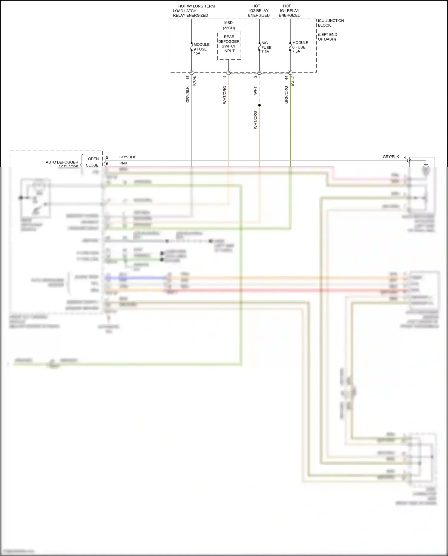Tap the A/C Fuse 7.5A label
coord(266,47)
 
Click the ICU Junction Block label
coord(331,23)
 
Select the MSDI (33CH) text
coord(229,25)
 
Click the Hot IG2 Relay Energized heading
coord(259,11)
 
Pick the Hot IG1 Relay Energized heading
coord(289,11)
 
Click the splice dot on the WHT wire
coord(259,105)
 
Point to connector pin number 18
coord(188,77)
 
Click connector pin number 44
coord(286,77)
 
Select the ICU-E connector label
coord(194,81)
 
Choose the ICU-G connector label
coord(293,81)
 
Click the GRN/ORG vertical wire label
coord(286,95)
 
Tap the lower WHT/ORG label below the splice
coord(255,120)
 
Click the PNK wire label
coord(123,163)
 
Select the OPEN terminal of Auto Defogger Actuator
coord(93,159)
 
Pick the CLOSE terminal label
coord(92,165)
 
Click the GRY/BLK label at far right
coord(391,157)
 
